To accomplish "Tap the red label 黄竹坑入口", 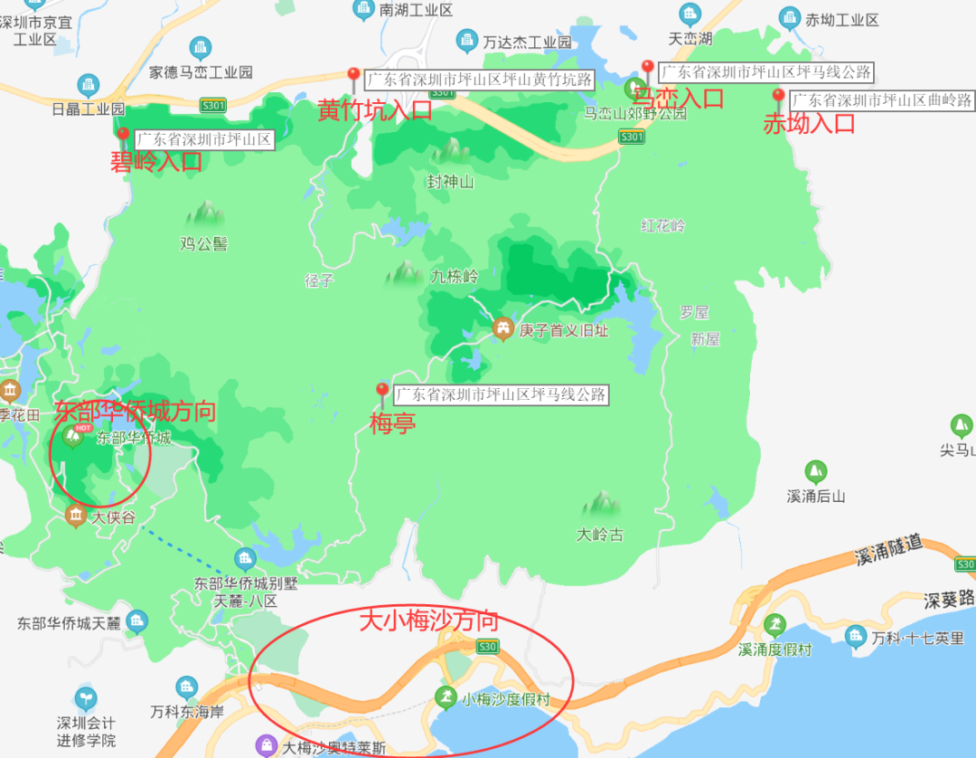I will [x=374, y=111].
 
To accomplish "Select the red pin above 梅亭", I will [x=382, y=393].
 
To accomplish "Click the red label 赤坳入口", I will [x=809, y=124].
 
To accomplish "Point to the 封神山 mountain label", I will [x=450, y=182].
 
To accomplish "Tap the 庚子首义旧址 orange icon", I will [x=502, y=329].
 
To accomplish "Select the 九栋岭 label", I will [x=454, y=277].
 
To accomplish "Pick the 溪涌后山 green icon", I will [x=816, y=471].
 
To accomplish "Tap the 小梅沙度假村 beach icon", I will [x=445, y=697].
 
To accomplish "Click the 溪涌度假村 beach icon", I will [x=774, y=624].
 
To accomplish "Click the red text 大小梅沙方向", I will [x=429, y=621].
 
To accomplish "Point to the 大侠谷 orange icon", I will [x=77, y=516].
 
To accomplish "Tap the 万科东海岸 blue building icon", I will [x=187, y=687].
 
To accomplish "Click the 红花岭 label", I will [x=664, y=225].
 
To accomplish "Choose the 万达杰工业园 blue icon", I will [x=466, y=40].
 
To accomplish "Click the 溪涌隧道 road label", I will [x=888, y=549].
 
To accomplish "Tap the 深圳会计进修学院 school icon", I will [x=86, y=698].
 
